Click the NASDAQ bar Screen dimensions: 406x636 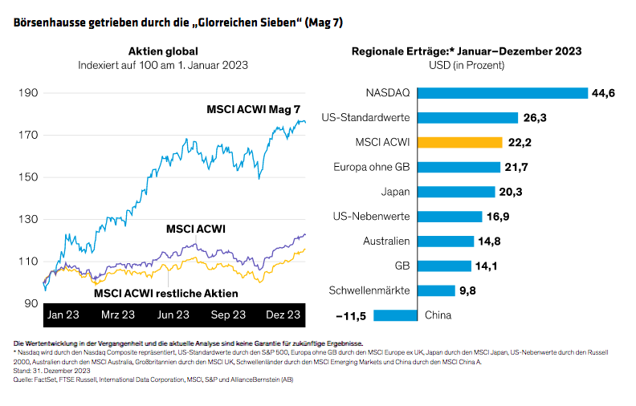coord(502,93)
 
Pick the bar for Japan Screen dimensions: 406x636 coord(456,192)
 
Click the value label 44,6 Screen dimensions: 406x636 coord(603,93)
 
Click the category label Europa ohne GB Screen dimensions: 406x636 coord(372,167)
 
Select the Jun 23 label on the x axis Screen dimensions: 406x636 coord(173,314)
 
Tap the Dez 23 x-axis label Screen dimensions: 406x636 coord(283,314)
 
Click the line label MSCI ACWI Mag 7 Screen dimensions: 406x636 coord(256,108)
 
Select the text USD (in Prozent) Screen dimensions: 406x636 coord(467,64)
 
